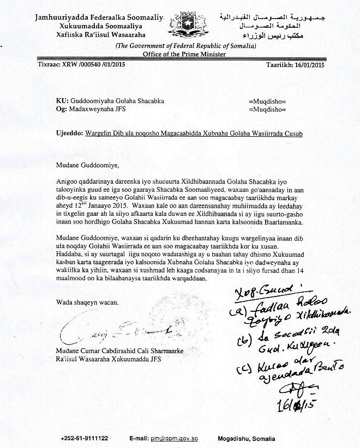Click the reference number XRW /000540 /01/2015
pos(81,63)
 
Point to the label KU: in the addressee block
pos(62,101)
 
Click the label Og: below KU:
pos(62,110)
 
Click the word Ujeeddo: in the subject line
pos(69,134)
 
